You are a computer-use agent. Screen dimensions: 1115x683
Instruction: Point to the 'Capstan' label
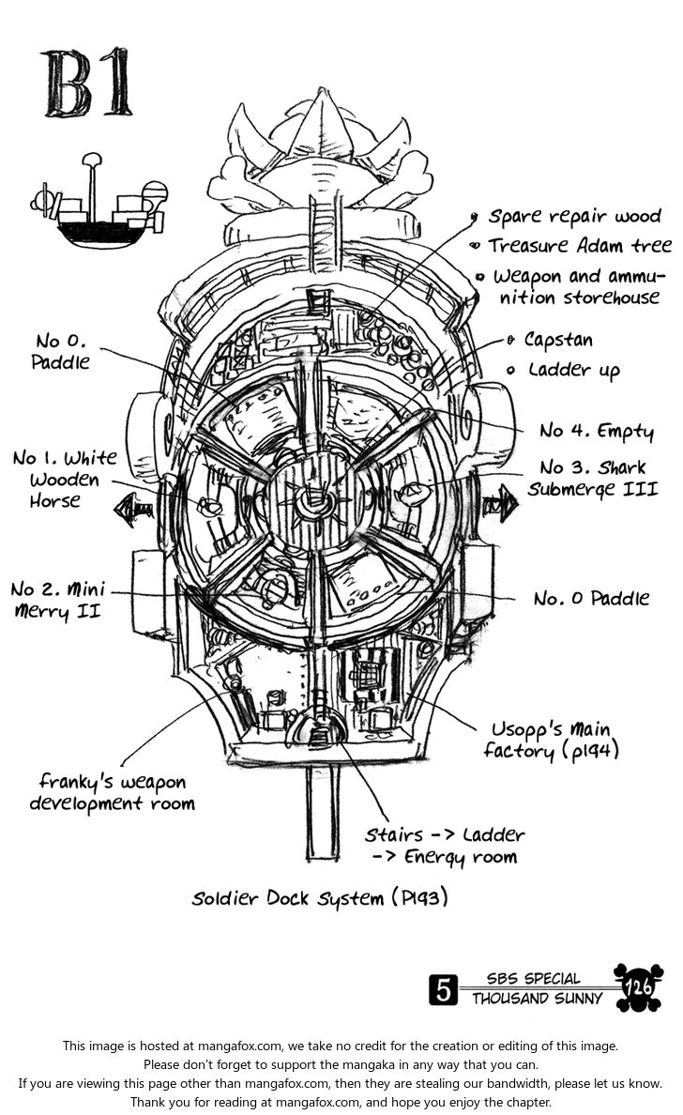[558, 339]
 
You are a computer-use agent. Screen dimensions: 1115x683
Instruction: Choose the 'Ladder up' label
[572, 370]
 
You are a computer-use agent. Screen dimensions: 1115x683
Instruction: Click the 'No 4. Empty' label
[596, 431]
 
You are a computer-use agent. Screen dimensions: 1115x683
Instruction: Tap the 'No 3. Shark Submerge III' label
[598, 478]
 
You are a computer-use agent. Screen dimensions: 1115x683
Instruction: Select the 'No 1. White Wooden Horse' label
[64, 479]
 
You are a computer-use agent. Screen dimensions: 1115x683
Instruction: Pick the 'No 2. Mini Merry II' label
[58, 601]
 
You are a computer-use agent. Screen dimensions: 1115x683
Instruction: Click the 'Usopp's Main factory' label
[551, 740]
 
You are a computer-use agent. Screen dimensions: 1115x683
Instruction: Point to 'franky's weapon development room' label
[113, 791]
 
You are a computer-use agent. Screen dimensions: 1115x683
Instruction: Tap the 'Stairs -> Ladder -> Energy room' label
[444, 845]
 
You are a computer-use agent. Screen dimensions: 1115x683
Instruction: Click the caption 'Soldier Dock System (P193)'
[319, 898]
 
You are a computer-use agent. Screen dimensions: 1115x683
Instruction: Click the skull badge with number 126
[638, 987]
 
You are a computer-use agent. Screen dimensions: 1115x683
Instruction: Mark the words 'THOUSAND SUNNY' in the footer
[537, 999]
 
